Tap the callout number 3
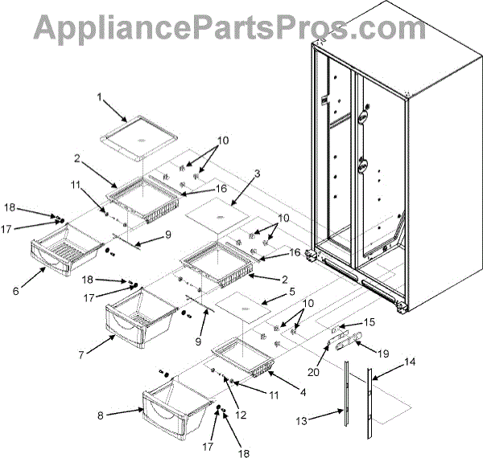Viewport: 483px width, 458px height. pyautogui.click(x=257, y=173)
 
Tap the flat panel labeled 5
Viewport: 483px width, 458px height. pyautogui.click(x=248, y=308)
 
